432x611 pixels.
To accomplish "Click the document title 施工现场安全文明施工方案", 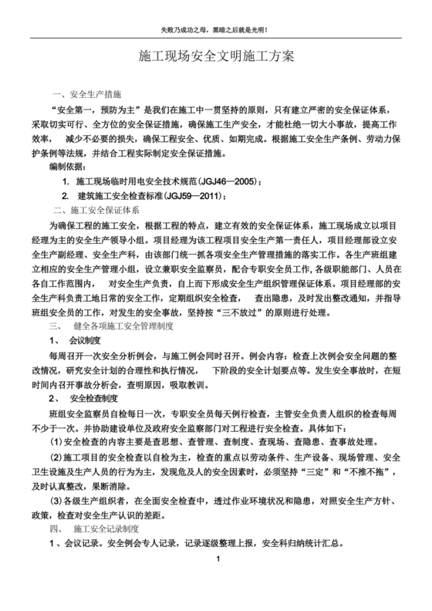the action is point(216,59).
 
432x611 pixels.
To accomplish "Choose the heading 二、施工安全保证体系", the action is point(96,211).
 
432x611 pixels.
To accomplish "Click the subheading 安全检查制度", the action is point(93,398).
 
